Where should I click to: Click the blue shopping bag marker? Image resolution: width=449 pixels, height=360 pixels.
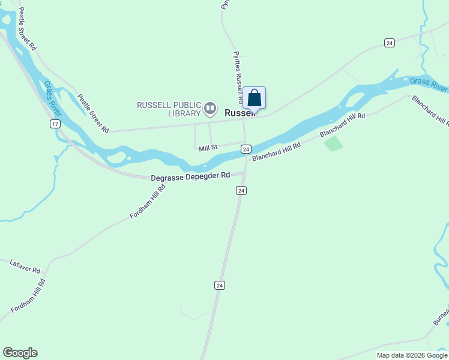click(x=255, y=98)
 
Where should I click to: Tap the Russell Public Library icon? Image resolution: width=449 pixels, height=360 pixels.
click(x=209, y=109)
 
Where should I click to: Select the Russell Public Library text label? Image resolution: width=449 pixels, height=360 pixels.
click(x=169, y=109)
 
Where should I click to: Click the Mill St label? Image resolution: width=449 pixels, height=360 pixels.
click(x=208, y=147)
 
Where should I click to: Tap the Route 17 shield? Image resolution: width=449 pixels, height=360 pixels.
click(x=55, y=124)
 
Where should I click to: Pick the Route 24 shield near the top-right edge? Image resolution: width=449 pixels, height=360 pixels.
click(x=390, y=43)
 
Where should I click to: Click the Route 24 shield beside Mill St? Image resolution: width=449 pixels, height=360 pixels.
click(x=246, y=148)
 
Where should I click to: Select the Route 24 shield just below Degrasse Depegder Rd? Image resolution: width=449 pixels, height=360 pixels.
click(x=241, y=190)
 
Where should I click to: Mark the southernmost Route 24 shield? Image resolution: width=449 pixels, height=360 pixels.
click(x=220, y=285)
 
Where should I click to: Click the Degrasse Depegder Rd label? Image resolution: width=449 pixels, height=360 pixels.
click(x=190, y=176)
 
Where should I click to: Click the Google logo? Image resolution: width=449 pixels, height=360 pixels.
click(x=20, y=353)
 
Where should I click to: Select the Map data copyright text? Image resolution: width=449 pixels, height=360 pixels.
click(x=412, y=355)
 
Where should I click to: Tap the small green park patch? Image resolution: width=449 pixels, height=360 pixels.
click(x=333, y=143)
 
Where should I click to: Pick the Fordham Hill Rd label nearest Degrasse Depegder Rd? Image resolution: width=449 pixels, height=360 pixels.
click(x=147, y=202)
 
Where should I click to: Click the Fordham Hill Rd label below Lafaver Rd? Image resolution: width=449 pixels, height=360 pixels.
click(x=28, y=296)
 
